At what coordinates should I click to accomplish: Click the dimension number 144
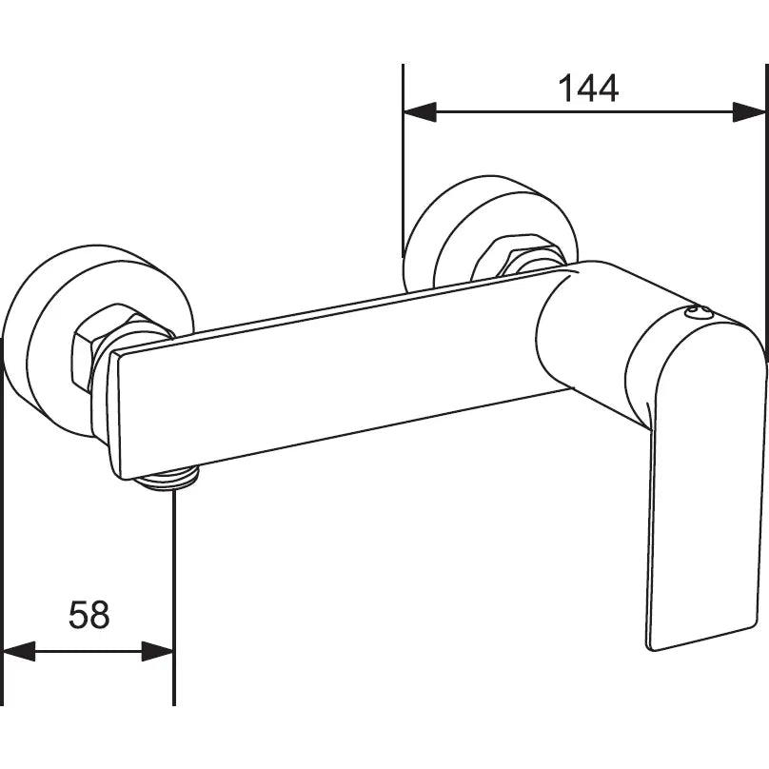(x=587, y=89)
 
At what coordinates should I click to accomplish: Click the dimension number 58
(x=89, y=615)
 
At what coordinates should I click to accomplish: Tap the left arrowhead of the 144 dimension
(x=420, y=112)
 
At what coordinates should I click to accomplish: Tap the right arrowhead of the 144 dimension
(x=749, y=112)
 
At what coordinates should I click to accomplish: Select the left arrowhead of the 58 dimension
(x=19, y=651)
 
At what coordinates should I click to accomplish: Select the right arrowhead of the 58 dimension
(x=158, y=651)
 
